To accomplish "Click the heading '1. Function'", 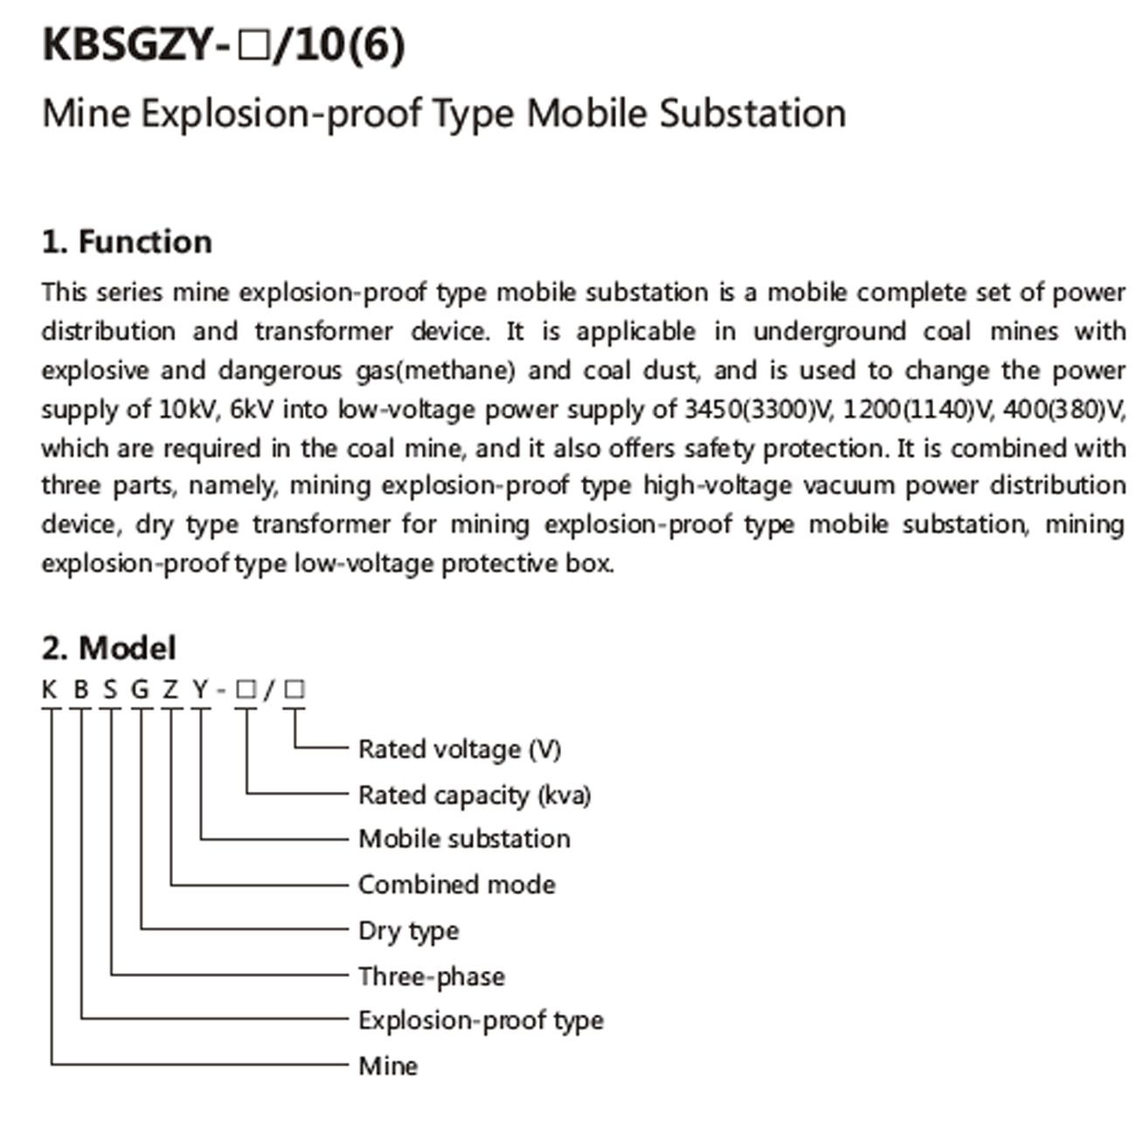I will pyautogui.click(x=127, y=242).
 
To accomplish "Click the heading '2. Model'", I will pyautogui.click(x=108, y=648).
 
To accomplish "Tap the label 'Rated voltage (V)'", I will pyautogui.click(x=460, y=749).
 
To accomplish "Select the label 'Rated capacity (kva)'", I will pyautogui.click(x=474, y=795).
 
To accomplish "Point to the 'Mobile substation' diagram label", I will pyautogui.click(x=464, y=839).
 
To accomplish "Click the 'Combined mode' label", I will pyautogui.click(x=457, y=884).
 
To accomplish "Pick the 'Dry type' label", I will pyautogui.click(x=408, y=931).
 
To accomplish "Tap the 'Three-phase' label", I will pyautogui.click(x=432, y=976).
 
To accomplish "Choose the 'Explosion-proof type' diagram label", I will pyautogui.click(x=481, y=1021).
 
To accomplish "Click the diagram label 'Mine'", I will pyautogui.click(x=388, y=1066).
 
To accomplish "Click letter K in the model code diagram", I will pyautogui.click(x=49, y=690).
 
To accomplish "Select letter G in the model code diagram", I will pyautogui.click(x=140, y=690).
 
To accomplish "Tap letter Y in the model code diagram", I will pyautogui.click(x=201, y=690).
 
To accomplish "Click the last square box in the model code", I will pyautogui.click(x=295, y=689).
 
